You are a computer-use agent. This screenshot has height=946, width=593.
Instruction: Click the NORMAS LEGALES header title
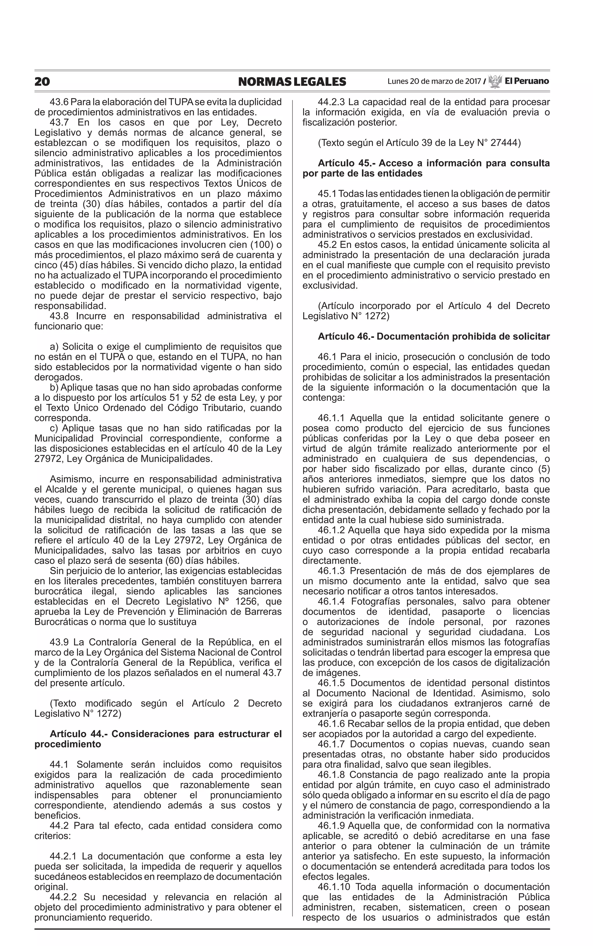(292, 82)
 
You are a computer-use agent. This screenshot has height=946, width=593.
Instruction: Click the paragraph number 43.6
(59, 102)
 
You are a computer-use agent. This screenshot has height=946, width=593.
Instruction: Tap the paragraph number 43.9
(59, 642)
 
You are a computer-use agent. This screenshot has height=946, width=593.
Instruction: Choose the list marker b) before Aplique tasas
(54, 388)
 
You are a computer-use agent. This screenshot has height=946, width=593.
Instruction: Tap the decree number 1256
(248, 601)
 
